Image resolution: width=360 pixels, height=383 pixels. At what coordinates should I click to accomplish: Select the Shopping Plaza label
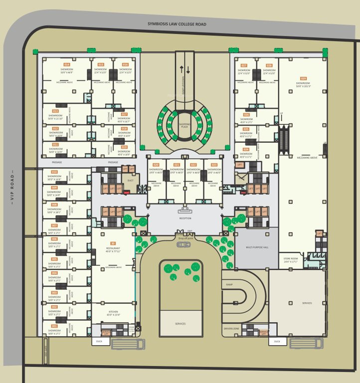185,126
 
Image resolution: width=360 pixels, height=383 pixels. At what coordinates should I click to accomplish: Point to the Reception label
185,218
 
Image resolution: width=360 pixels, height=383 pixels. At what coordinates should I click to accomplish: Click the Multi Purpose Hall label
256,247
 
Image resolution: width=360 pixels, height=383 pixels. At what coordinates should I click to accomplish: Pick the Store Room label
290,259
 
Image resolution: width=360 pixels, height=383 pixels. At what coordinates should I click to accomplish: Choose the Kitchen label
113,312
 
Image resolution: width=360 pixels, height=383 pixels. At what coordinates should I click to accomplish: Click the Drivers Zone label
232,329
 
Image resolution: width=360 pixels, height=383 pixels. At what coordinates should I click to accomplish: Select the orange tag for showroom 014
66,65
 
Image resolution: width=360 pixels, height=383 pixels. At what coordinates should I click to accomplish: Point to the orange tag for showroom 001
54,325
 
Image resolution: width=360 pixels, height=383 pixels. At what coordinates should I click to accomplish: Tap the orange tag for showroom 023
214,165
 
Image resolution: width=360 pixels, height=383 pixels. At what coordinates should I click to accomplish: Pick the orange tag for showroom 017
124,114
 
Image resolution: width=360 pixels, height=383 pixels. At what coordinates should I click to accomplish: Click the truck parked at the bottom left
129,344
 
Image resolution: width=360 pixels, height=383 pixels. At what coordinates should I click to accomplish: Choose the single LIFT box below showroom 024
239,164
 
